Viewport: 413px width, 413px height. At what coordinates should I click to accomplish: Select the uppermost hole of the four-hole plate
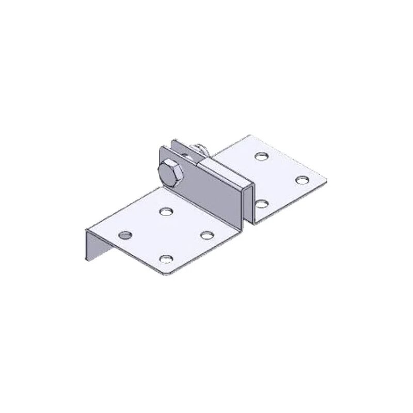[166, 211]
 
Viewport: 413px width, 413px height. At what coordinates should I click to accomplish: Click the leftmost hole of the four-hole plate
[124, 235]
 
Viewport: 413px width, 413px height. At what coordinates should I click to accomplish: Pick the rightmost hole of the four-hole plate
[207, 235]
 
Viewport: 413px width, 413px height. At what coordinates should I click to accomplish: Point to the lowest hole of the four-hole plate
[166, 259]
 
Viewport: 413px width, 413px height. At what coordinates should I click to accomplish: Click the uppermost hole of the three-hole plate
[261, 155]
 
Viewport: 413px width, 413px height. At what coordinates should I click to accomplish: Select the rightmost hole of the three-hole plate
[302, 179]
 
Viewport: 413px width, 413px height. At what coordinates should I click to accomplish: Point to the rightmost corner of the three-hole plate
[326, 180]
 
